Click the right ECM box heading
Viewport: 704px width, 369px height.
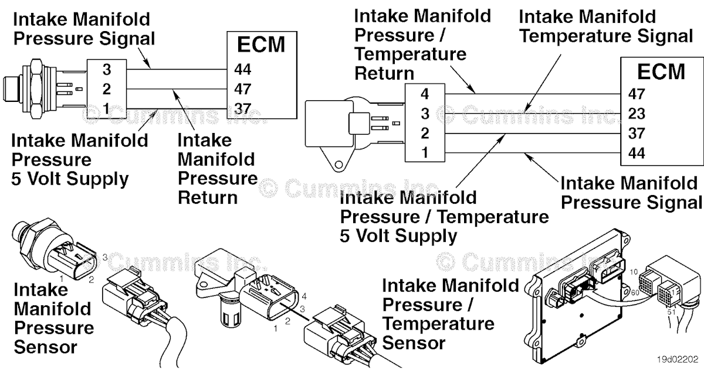(x=661, y=71)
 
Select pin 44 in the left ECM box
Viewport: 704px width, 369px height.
(x=243, y=70)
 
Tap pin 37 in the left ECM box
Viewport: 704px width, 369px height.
(x=243, y=108)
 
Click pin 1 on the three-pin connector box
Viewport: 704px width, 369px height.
(x=106, y=108)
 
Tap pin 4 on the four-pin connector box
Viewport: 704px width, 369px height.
(x=425, y=94)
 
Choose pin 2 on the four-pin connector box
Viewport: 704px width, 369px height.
(x=425, y=133)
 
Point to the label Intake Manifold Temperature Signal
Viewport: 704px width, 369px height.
(x=606, y=26)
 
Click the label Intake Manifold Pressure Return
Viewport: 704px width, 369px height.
(x=217, y=169)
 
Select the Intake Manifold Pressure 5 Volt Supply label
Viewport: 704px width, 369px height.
(x=79, y=159)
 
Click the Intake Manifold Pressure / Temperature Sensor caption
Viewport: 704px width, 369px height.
(x=450, y=313)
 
